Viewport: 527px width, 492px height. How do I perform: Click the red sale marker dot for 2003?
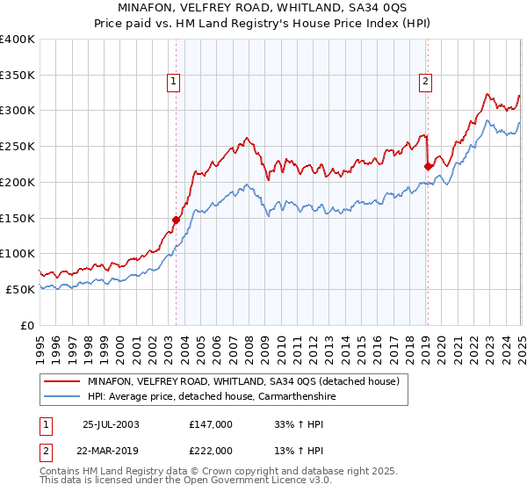(x=176, y=221)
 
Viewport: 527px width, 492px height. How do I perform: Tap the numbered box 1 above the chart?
(x=173, y=82)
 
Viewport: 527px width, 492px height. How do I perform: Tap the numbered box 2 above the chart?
(x=425, y=82)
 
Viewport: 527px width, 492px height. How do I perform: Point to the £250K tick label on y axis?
(x=18, y=146)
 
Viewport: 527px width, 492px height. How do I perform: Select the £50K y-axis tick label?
(x=21, y=289)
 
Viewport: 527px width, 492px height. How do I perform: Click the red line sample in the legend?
(x=62, y=381)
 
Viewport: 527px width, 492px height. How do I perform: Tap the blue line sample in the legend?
(x=62, y=396)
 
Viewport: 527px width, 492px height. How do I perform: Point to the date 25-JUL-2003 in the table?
(x=111, y=423)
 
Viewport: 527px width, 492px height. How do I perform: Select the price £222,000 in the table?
(x=212, y=450)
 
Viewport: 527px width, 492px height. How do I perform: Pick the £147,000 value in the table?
(x=212, y=423)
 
